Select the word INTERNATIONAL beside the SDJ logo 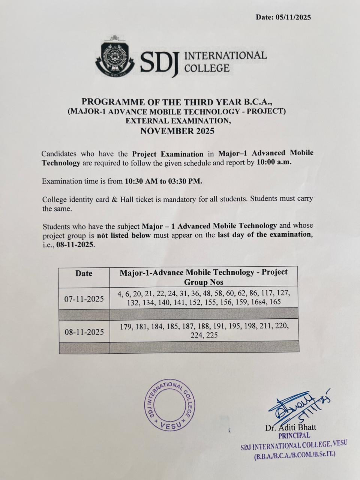(226, 56)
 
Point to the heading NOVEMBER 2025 (177, 131)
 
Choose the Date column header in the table (84, 273)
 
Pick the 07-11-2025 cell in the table (84, 299)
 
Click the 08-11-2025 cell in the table (84, 332)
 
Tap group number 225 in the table (211, 335)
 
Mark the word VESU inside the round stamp (170, 425)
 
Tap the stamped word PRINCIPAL (294, 436)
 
